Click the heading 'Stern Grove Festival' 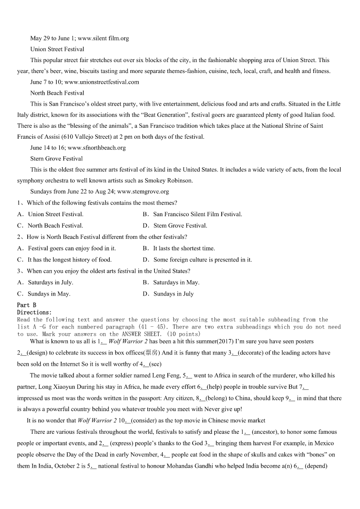click(56, 159)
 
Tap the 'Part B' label click(26, 305)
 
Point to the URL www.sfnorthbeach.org click(97, 148)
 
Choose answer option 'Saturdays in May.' click(176, 282)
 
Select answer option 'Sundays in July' click(173, 294)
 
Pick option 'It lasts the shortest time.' click(184, 248)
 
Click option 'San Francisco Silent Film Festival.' click(198, 214)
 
